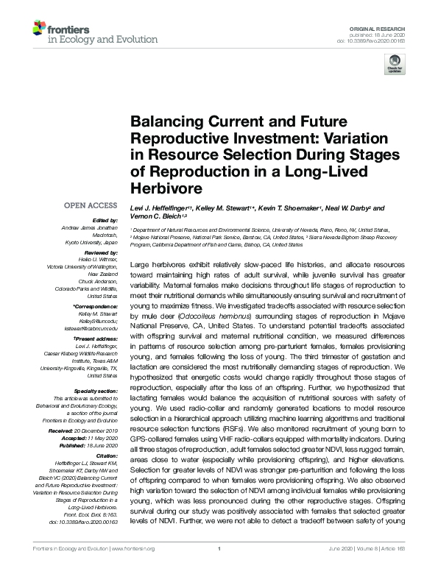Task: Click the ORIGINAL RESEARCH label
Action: [386, 26]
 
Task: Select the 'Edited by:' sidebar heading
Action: [105, 221]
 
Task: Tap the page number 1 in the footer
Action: [219, 568]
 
